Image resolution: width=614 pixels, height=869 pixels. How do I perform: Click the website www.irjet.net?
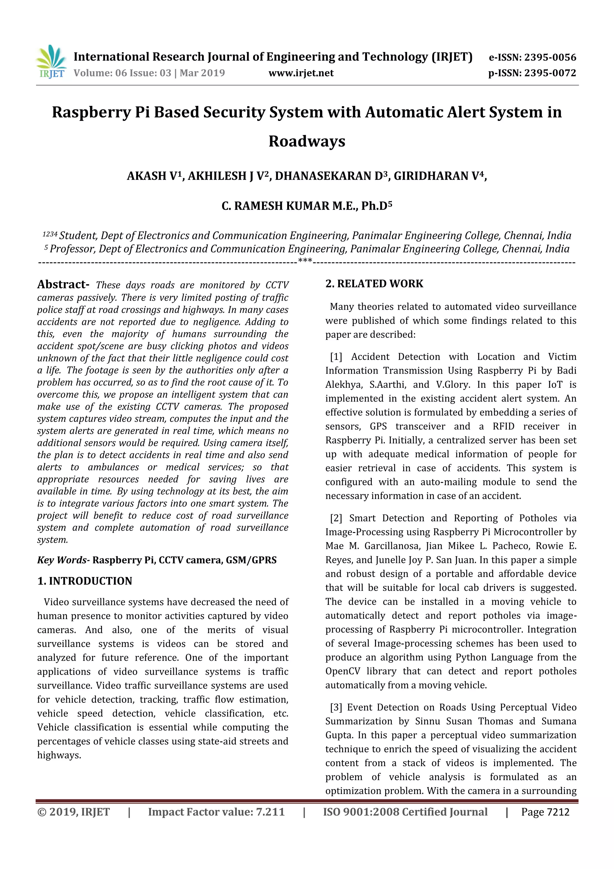(301, 73)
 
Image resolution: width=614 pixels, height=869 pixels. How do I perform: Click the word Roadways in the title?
(307, 141)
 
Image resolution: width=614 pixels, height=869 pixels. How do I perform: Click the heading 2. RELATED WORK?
(374, 284)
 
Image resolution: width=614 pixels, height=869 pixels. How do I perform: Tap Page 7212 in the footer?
(545, 812)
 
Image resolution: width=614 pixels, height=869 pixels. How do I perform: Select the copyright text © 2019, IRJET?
(73, 812)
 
